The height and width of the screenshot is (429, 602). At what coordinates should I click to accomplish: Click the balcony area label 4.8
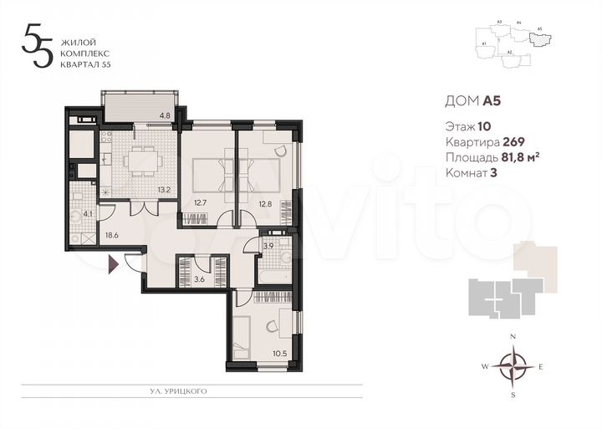[x=166, y=115]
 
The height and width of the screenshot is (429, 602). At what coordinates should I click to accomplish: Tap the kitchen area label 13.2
[x=166, y=190]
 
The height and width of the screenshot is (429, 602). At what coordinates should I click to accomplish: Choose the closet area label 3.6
[x=199, y=278]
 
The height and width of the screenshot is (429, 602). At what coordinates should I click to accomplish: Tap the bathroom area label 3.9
[x=268, y=246]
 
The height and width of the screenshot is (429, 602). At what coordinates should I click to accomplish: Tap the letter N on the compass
[x=513, y=336]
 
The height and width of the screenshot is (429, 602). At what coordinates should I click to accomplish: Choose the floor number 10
[x=484, y=127]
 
